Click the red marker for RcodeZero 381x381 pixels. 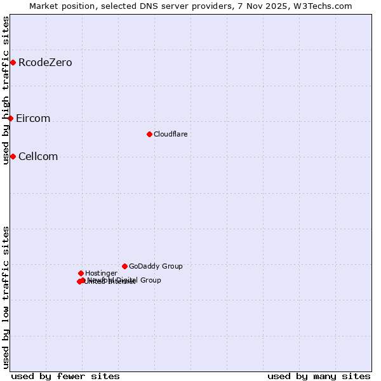tap(13, 62)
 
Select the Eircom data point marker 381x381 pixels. tap(10, 118)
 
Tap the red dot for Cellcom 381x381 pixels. tap(13, 156)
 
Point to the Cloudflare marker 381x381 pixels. tap(149, 134)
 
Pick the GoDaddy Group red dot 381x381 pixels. tap(124, 266)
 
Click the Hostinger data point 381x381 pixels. tap(81, 273)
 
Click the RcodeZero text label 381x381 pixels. tap(45, 62)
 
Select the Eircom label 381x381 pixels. tap(33, 118)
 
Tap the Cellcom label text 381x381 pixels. tap(38, 156)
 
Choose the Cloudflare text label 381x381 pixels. tap(170, 134)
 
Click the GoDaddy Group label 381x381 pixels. tap(156, 266)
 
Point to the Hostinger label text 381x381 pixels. tap(101, 273)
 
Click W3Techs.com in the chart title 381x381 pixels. tap(327, 6)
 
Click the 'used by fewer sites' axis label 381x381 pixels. tap(65, 376)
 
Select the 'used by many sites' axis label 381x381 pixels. tap(319, 376)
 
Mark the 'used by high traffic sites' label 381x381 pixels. tap(6, 90)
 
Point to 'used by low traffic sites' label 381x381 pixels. tap(6, 297)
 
